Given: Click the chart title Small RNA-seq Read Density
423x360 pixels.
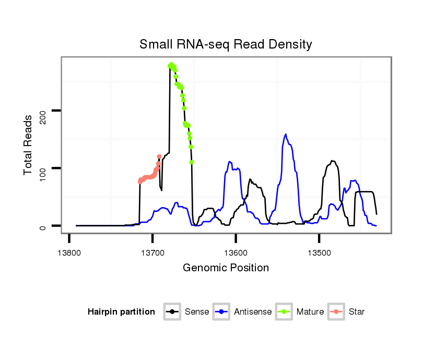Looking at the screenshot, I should (x=226, y=44).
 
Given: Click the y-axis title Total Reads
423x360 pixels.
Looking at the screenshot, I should (x=29, y=145).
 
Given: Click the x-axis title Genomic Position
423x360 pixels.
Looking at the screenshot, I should (x=226, y=268).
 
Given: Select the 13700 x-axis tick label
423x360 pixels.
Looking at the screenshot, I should (x=152, y=253).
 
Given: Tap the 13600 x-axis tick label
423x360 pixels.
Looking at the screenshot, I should (x=236, y=253).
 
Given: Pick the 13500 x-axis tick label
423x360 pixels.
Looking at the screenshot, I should (x=319, y=253).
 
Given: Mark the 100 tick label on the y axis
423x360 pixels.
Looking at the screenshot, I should (x=44, y=168).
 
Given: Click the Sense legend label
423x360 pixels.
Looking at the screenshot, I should (x=197, y=312).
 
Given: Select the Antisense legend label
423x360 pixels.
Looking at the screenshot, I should (x=253, y=312).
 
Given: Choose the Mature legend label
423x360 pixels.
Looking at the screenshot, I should (x=310, y=312).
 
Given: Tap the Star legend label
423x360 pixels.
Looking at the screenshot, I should (x=357, y=312).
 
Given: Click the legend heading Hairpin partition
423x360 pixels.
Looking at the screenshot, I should (x=122, y=312).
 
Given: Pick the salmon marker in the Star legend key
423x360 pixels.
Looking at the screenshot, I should (x=337, y=312).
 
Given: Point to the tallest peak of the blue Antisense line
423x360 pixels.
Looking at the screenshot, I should (x=286, y=134).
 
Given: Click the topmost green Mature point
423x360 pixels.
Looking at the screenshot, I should (x=171, y=65).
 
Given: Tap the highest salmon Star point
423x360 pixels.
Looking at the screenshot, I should (x=159, y=157).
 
